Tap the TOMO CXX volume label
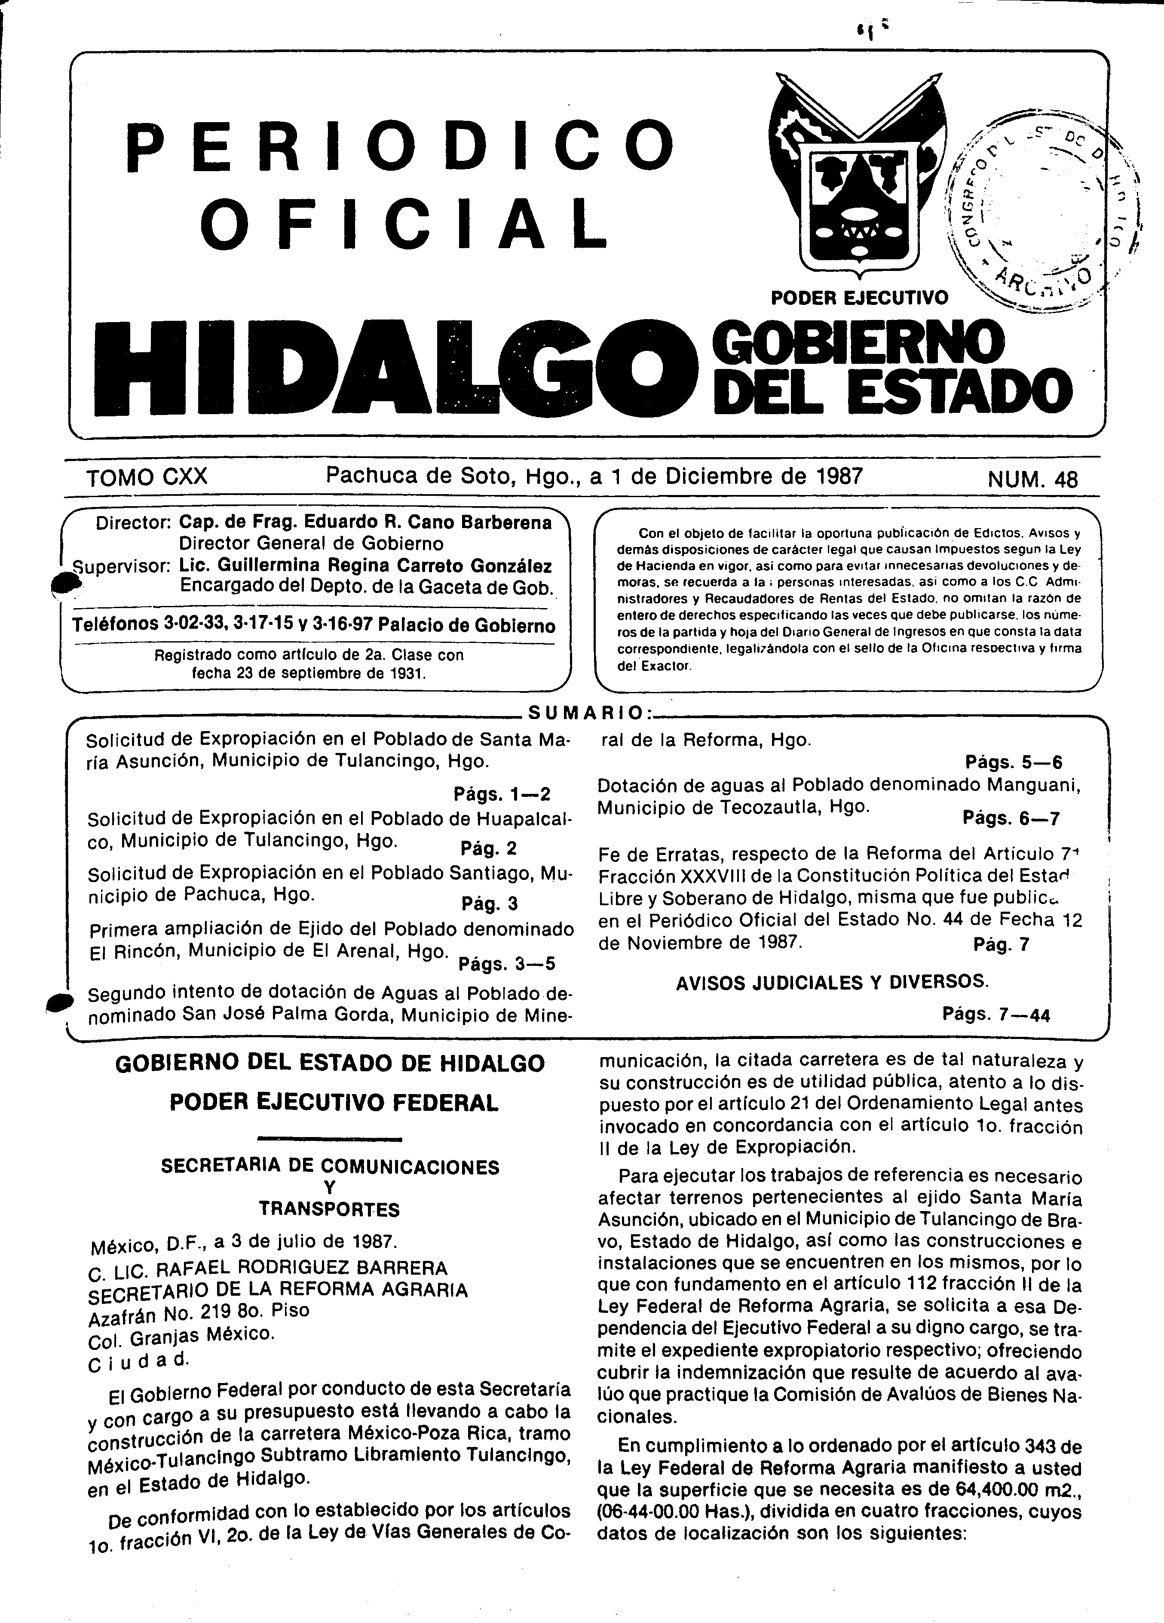point(147,477)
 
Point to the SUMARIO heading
point(585,712)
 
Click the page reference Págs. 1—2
point(501,794)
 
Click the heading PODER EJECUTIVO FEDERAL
point(334,1103)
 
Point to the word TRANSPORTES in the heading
point(329,1209)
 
